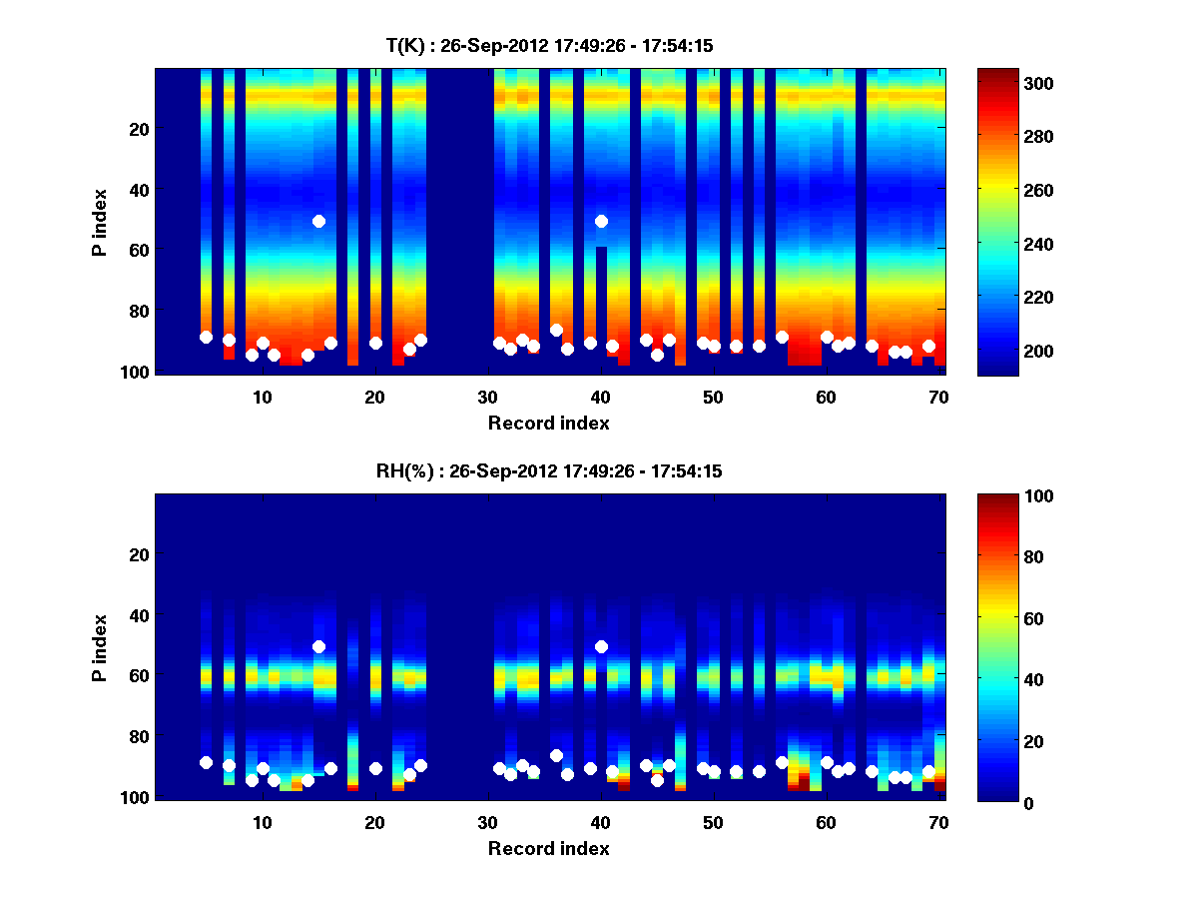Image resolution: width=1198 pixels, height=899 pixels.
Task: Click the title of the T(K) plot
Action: (x=549, y=45)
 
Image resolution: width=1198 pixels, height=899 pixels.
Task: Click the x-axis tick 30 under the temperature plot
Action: (x=487, y=397)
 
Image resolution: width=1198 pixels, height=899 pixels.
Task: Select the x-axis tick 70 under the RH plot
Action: (x=938, y=822)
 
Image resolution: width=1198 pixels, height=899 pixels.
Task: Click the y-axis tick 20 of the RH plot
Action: (x=139, y=554)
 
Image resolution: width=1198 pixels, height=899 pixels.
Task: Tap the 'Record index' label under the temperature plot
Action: (x=549, y=423)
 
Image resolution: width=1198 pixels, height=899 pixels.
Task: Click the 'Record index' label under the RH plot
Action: (x=549, y=848)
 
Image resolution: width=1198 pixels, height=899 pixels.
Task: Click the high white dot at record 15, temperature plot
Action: (x=318, y=221)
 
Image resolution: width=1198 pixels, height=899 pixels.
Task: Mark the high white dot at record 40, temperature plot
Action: (x=601, y=221)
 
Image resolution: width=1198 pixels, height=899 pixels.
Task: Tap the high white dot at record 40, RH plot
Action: (x=601, y=646)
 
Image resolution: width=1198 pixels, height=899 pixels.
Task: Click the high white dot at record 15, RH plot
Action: (x=318, y=646)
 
